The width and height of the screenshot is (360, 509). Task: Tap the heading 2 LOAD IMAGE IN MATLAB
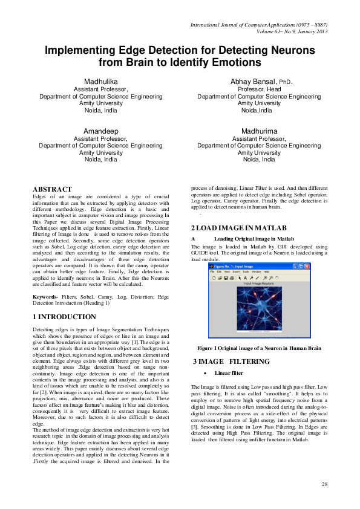(239, 228)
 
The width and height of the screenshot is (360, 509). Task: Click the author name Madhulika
(100, 81)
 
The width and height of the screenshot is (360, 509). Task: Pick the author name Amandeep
(100, 131)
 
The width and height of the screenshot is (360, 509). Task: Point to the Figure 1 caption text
(259, 349)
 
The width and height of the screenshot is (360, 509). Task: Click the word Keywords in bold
(44, 297)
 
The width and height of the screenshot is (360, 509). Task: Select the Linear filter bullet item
(229, 373)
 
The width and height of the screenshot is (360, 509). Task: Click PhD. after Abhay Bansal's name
(284, 82)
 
